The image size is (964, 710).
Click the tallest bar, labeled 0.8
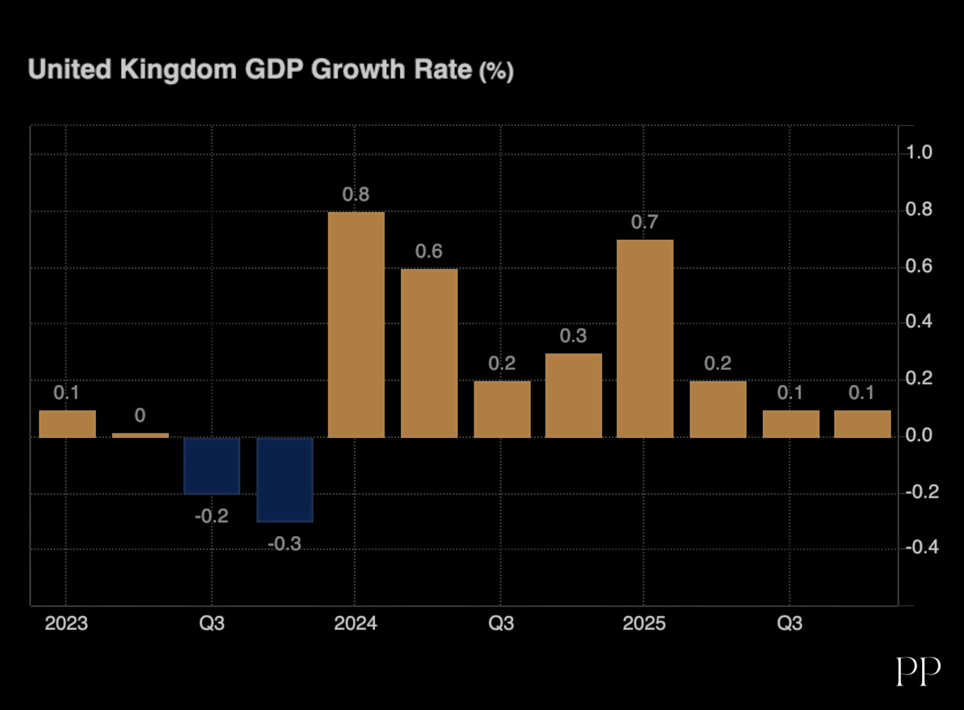tap(356, 325)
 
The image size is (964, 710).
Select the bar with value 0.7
tap(645, 339)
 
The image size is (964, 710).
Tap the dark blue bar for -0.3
tap(285, 480)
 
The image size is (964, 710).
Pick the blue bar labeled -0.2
tap(211, 466)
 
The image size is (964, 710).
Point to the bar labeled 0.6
tap(429, 353)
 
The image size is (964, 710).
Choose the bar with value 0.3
tap(573, 396)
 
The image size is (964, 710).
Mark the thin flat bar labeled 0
tap(140, 435)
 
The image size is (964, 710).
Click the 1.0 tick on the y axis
tap(919, 152)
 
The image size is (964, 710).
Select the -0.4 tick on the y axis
tap(922, 547)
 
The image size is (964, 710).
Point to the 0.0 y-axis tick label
tap(919, 435)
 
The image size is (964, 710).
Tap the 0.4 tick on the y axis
tap(919, 322)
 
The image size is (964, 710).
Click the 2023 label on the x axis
tap(66, 623)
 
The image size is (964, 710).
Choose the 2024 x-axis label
tap(355, 623)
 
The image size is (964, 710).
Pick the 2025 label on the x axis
tap(644, 623)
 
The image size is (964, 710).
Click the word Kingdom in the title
tap(178, 69)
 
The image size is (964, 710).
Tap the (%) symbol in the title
tap(496, 71)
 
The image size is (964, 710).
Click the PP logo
tap(918, 671)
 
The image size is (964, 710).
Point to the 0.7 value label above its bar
tap(645, 222)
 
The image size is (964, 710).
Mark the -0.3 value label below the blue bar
tap(284, 544)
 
